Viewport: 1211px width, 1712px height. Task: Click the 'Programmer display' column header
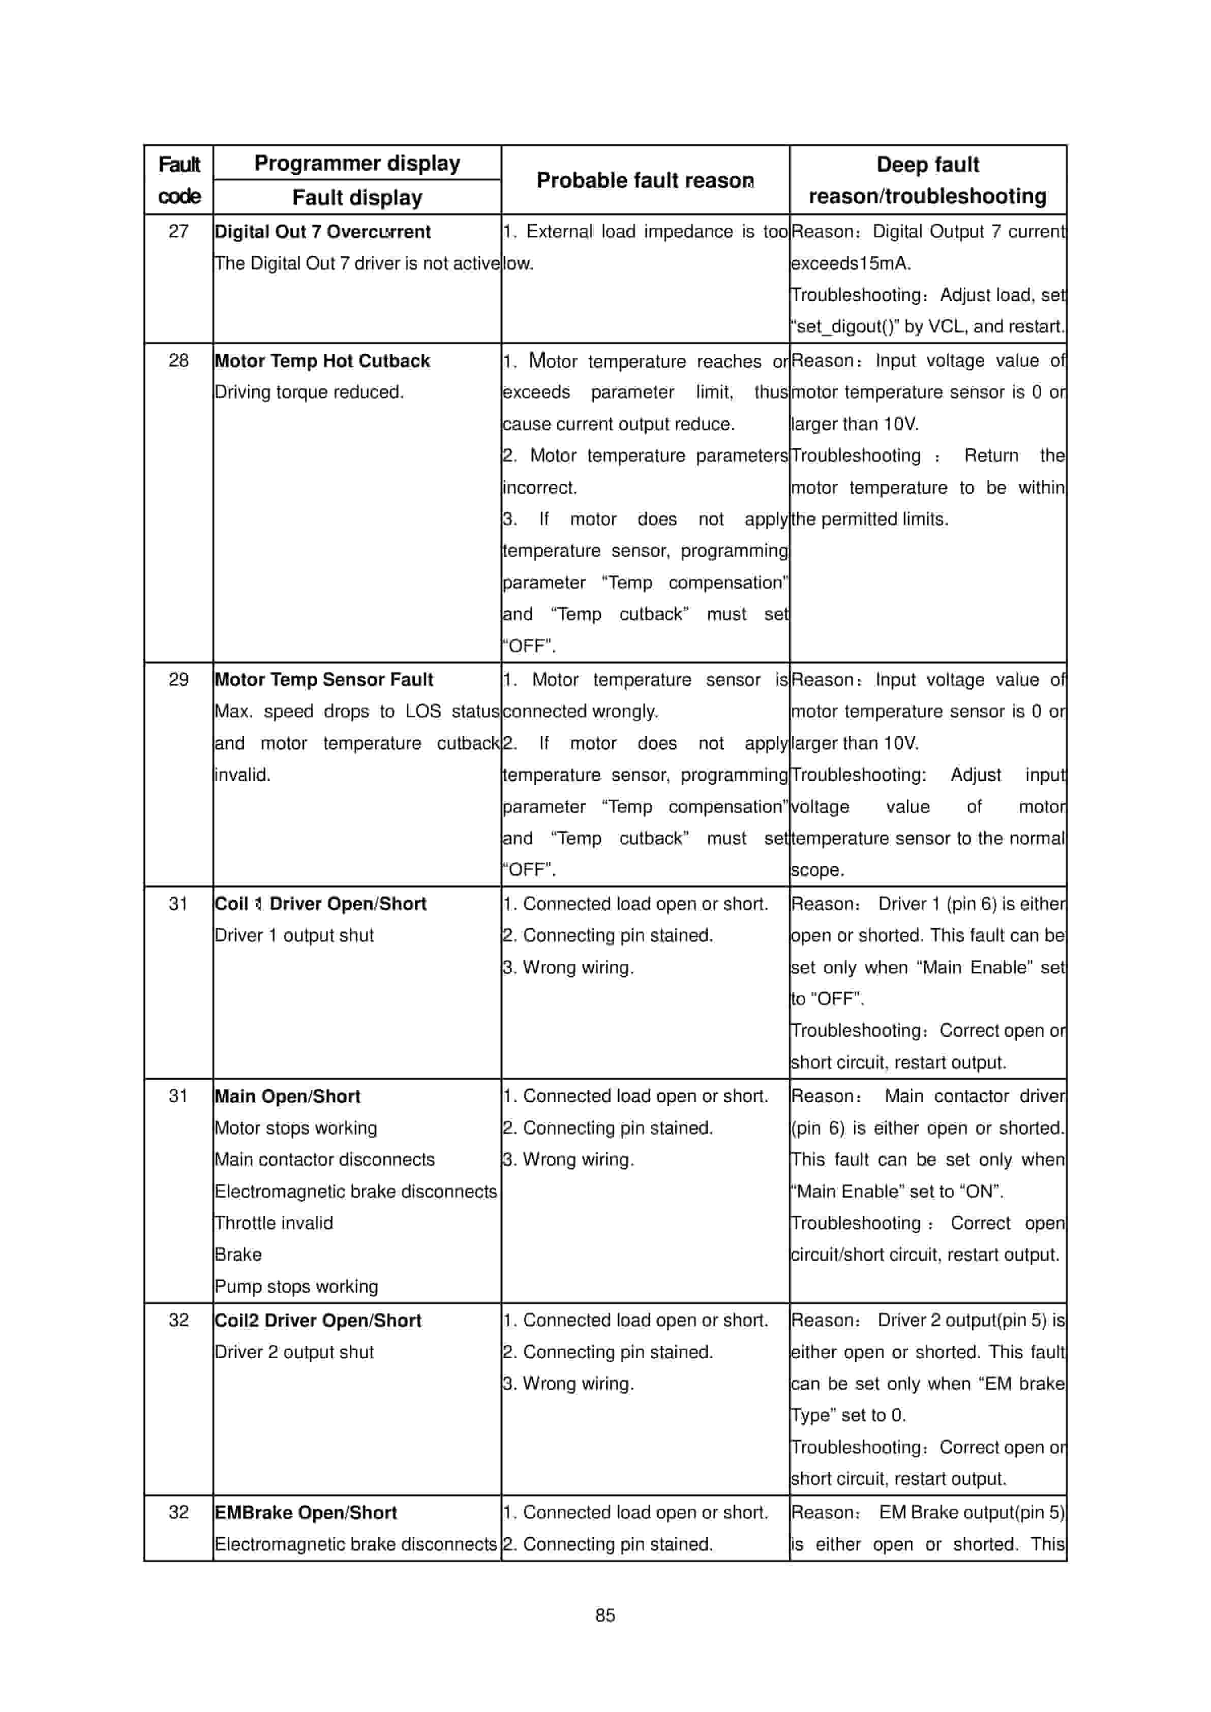pyautogui.click(x=357, y=163)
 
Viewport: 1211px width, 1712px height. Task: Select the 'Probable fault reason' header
pyautogui.click(x=645, y=180)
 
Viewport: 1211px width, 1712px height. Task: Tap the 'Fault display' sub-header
pyautogui.click(x=357, y=198)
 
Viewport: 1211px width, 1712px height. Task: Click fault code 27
pyautogui.click(x=178, y=231)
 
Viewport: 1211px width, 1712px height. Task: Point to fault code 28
pyautogui.click(x=178, y=360)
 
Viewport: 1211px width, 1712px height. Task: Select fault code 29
pyautogui.click(x=178, y=679)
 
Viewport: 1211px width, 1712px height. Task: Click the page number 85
pyautogui.click(x=605, y=1615)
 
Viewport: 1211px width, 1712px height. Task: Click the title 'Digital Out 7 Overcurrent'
pyautogui.click(x=322, y=232)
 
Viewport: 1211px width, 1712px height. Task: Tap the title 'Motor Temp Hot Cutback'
pyautogui.click(x=322, y=361)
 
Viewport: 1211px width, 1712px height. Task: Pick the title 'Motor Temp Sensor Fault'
pyautogui.click(x=324, y=679)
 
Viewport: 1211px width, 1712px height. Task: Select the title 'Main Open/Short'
pyautogui.click(x=287, y=1096)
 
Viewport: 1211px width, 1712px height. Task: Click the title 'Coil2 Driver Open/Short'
pyautogui.click(x=318, y=1321)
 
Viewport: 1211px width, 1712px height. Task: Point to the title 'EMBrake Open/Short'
pyautogui.click(x=306, y=1512)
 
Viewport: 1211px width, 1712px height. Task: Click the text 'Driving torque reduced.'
pyautogui.click(x=309, y=392)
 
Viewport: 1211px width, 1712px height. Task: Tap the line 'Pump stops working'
pyautogui.click(x=296, y=1286)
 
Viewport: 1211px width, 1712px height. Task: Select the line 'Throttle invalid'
pyautogui.click(x=274, y=1223)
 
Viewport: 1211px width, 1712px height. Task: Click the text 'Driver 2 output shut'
pyautogui.click(x=294, y=1352)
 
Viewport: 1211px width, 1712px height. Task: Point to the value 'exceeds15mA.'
pyautogui.click(x=851, y=263)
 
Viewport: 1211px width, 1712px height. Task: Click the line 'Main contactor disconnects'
pyautogui.click(x=324, y=1159)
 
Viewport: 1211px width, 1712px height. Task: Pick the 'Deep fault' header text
pyautogui.click(x=928, y=165)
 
